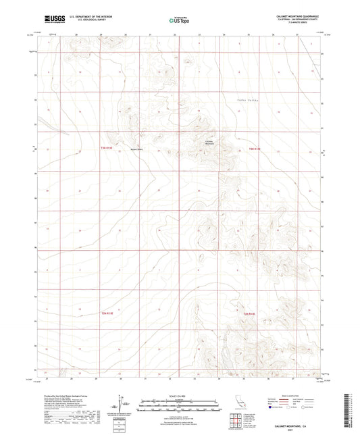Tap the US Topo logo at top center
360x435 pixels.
[180, 21]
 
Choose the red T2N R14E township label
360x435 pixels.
[250, 313]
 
